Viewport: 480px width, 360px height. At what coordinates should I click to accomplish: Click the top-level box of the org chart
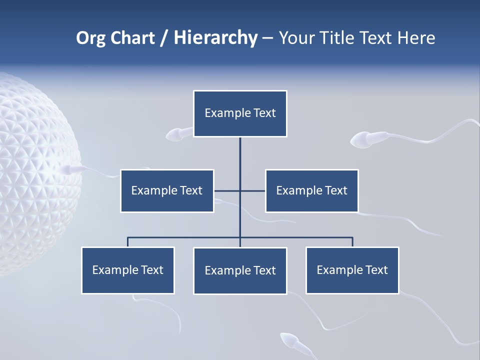click(x=240, y=113)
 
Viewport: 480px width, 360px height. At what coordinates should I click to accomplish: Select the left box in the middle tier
click(x=167, y=190)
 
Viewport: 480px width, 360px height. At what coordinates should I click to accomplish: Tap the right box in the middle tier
click(x=311, y=190)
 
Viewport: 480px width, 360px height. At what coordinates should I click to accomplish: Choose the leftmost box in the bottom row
click(x=128, y=270)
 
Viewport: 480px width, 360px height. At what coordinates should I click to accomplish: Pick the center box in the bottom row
click(x=240, y=270)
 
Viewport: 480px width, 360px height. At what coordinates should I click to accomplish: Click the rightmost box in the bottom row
click(x=352, y=270)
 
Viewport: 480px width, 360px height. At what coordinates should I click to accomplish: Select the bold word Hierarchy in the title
click(x=215, y=38)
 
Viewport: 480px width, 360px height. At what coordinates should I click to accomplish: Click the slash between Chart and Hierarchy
click(x=164, y=38)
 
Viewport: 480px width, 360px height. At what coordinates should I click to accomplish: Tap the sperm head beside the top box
click(x=174, y=134)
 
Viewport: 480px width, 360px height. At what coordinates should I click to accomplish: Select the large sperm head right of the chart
click(x=362, y=139)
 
